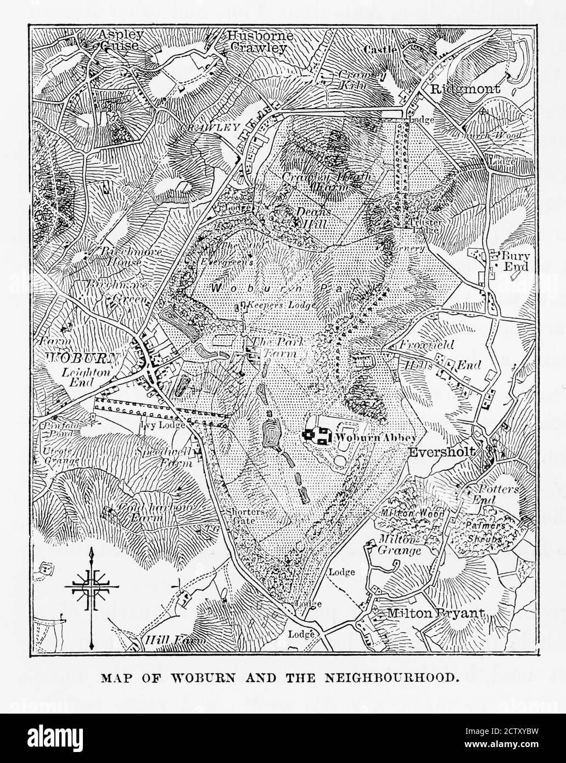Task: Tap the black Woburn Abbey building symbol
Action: coord(317,436)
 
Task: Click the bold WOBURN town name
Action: coord(82,358)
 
